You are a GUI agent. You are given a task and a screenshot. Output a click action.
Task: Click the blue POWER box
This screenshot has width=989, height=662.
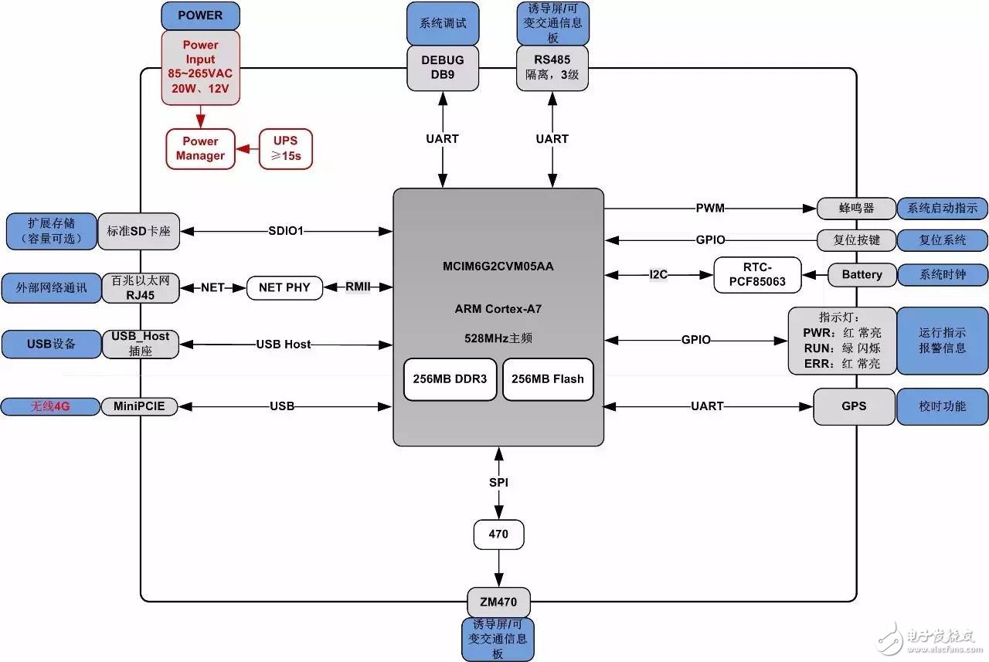tap(200, 15)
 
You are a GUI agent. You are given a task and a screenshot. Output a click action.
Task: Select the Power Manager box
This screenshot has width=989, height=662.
tap(200, 148)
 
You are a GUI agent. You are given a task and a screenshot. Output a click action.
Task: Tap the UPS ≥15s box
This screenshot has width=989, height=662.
tap(285, 148)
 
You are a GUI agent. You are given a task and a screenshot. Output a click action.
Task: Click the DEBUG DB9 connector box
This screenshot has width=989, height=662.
tap(443, 67)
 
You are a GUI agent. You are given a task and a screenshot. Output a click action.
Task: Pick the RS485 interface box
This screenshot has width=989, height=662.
tap(552, 67)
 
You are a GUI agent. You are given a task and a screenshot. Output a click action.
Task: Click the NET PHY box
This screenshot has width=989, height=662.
tap(284, 287)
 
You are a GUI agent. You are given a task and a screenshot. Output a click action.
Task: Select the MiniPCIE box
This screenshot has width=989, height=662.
tap(139, 406)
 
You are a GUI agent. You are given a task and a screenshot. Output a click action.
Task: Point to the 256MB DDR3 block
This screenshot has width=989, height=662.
tap(450, 379)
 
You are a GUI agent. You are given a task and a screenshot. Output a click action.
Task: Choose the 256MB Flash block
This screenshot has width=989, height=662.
tap(548, 379)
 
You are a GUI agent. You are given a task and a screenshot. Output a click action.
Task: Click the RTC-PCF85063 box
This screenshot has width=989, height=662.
tap(756, 274)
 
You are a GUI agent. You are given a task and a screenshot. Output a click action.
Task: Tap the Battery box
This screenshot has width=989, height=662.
tap(862, 274)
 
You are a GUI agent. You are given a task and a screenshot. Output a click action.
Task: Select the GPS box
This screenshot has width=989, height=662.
tap(854, 406)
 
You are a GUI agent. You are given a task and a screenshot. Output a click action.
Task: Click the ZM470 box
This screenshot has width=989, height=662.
tap(498, 602)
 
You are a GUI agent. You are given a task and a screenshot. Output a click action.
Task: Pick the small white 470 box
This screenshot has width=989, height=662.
tap(498, 534)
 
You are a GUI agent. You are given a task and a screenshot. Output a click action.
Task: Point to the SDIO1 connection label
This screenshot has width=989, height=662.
tap(286, 231)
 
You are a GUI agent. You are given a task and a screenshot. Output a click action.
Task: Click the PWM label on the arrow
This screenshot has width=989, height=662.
tap(710, 208)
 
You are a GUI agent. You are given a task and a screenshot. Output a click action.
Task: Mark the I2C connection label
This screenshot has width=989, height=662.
tap(659, 274)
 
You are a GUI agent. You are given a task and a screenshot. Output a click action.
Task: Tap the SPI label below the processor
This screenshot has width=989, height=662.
tap(498, 482)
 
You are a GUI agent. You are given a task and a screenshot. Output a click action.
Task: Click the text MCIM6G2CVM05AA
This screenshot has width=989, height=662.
tap(498, 267)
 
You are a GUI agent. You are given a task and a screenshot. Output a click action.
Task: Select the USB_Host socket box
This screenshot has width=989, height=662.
tap(140, 344)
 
